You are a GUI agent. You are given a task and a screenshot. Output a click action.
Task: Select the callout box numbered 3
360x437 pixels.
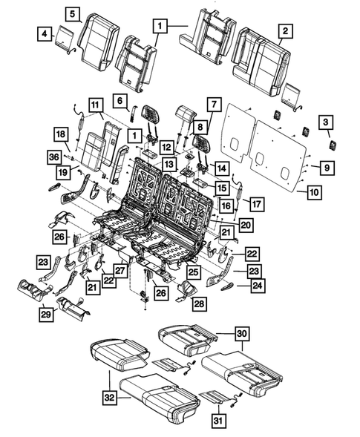(x=325, y=122)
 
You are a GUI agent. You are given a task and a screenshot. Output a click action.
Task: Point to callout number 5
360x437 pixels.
(x=71, y=14)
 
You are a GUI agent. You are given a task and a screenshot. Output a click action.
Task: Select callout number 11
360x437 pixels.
(x=94, y=105)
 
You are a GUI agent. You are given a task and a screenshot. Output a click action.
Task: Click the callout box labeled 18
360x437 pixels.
(x=61, y=134)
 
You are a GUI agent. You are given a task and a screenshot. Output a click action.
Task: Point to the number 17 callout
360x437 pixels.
(x=256, y=203)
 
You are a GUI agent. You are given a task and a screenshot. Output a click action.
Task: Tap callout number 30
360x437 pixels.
(x=241, y=333)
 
